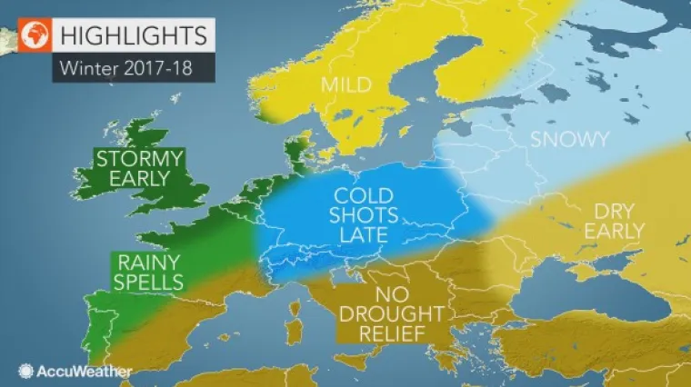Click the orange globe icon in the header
coord(33,36)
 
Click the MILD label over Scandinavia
coord(345,85)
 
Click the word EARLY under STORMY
coord(140,179)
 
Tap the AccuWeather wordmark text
coord(85,371)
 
